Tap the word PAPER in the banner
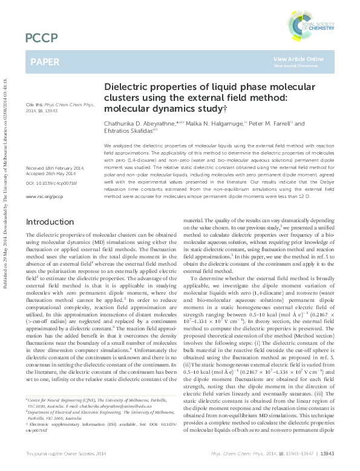(45, 62)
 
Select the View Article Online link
(298, 59)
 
